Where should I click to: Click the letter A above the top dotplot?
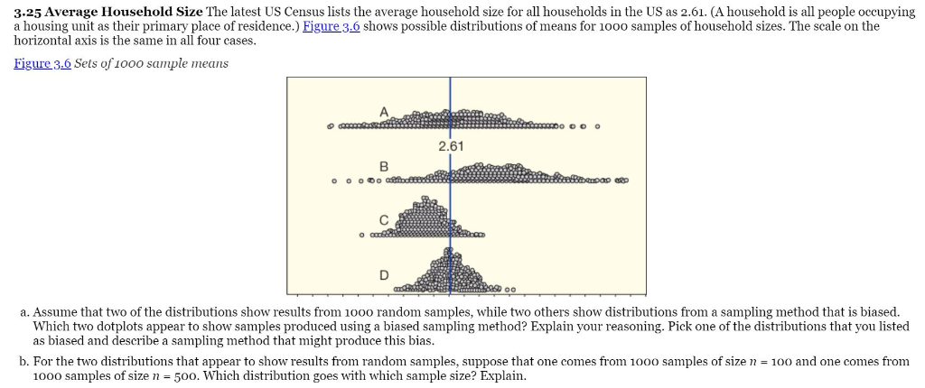(x=383, y=111)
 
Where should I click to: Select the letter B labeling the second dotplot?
(x=383, y=166)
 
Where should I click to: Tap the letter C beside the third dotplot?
(x=383, y=219)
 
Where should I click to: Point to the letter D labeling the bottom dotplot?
(x=383, y=273)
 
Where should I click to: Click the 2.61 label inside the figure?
(x=450, y=146)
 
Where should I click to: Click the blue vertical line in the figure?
(x=450, y=199)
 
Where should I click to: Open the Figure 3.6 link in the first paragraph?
(x=332, y=26)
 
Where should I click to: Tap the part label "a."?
(x=23, y=310)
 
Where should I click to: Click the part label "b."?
(x=23, y=361)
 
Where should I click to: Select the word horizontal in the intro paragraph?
(x=44, y=41)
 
